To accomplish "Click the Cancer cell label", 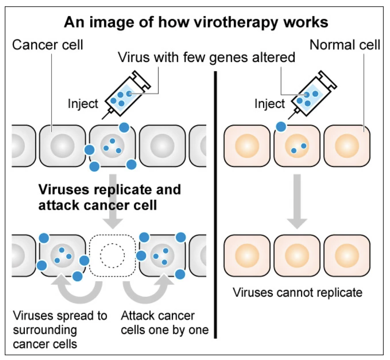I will (48, 45).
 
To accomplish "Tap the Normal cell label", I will (345, 45).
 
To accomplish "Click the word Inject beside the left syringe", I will (83, 104).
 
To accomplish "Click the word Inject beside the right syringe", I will (270, 104).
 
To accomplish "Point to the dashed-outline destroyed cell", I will (112, 255).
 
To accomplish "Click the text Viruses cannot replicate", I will (297, 293).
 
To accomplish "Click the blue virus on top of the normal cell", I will (281, 127).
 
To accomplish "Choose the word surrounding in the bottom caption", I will (45, 330).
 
